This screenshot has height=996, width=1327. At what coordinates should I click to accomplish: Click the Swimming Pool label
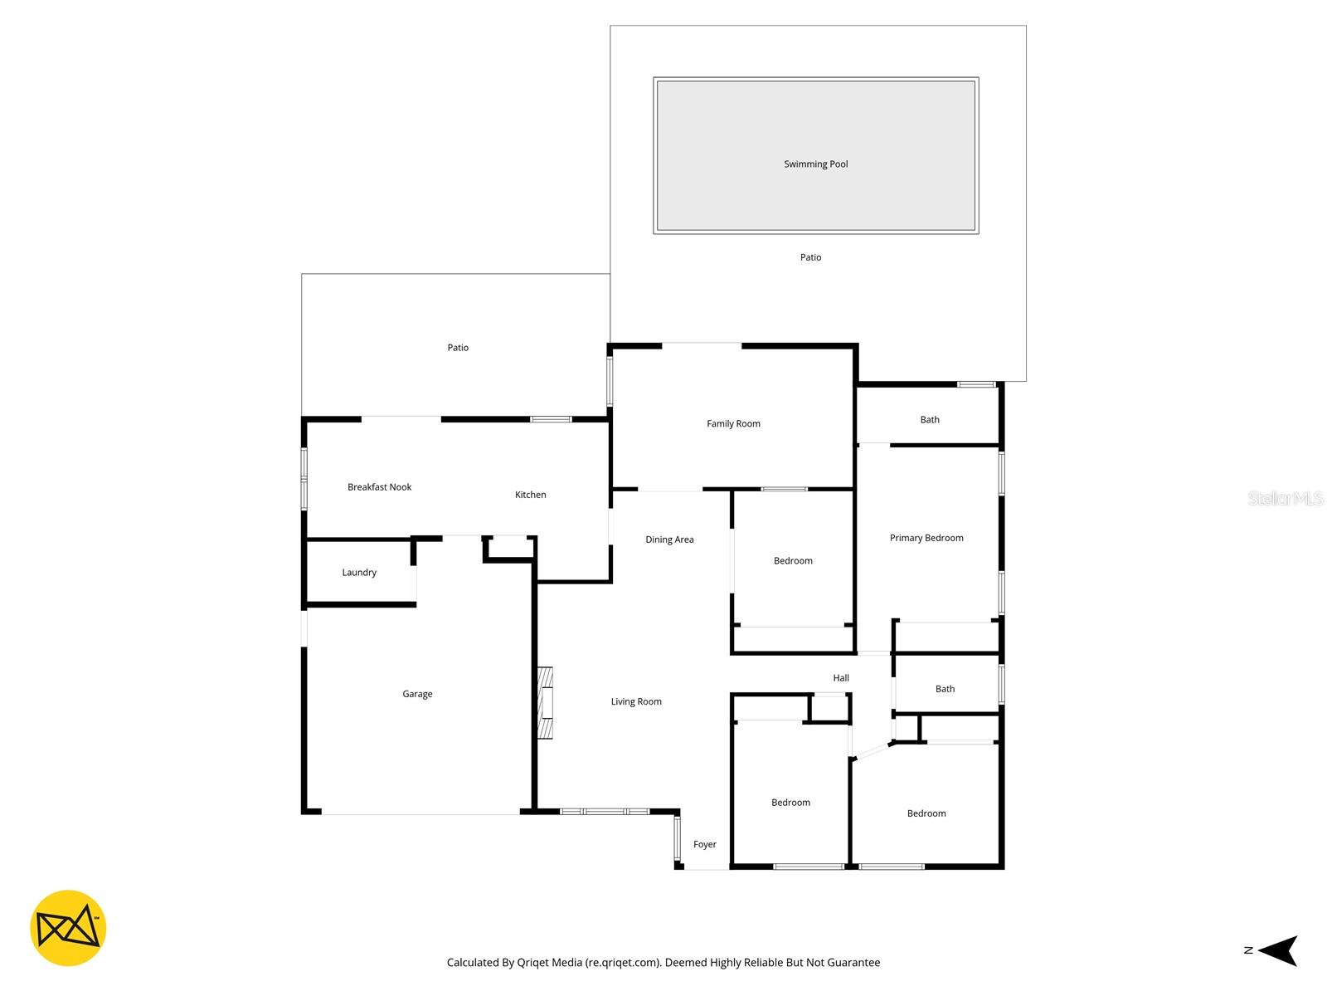click(x=816, y=164)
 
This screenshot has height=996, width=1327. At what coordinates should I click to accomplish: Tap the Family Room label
click(x=733, y=424)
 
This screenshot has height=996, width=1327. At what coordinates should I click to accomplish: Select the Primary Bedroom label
click(x=926, y=539)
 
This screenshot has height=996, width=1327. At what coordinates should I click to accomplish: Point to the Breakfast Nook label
click(x=379, y=487)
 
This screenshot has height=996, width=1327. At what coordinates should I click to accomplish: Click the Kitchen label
click(x=530, y=495)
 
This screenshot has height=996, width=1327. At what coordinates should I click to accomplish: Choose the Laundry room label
click(x=359, y=573)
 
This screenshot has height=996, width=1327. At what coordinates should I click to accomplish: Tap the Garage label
click(x=417, y=695)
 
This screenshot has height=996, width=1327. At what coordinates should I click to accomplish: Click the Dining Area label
click(x=669, y=540)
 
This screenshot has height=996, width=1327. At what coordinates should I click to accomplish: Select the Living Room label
click(x=636, y=702)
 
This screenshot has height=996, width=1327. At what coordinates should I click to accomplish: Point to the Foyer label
click(x=704, y=845)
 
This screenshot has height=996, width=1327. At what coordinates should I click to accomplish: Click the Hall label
click(x=841, y=678)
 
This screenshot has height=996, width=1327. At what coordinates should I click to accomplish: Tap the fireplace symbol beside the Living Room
click(x=545, y=702)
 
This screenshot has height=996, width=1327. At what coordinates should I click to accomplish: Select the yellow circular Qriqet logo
click(x=68, y=928)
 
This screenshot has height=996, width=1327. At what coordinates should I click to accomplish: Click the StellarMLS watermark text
click(x=1285, y=498)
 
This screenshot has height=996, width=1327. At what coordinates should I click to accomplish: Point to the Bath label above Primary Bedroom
click(x=930, y=420)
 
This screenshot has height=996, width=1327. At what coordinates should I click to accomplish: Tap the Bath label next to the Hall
click(x=945, y=689)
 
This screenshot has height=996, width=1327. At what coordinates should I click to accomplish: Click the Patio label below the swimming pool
click(x=810, y=258)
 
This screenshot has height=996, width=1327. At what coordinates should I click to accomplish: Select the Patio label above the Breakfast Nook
click(x=458, y=349)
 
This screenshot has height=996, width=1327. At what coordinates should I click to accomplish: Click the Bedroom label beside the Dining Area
click(x=793, y=561)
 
